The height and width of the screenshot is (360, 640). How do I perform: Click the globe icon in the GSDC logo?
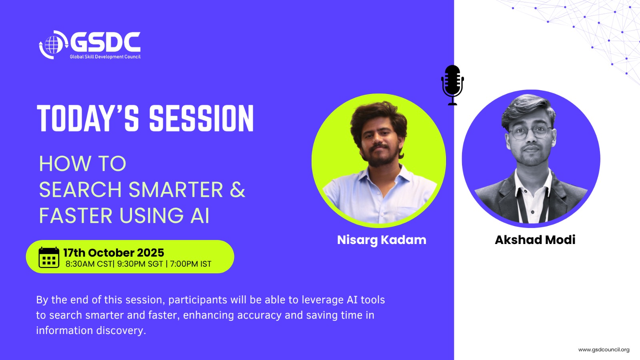point(53,45)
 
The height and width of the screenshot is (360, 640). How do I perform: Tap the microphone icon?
point(452,85)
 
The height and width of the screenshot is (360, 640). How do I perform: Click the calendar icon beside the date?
point(49,258)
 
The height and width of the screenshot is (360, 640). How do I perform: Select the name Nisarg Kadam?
point(382,240)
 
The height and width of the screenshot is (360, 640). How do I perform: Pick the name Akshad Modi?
point(535,240)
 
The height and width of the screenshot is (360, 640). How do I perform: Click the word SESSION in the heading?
point(202,118)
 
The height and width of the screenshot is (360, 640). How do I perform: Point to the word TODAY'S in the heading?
point(88,118)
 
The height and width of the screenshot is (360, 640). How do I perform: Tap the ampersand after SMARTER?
point(238,190)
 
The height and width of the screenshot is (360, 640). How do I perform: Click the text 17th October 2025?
point(114,252)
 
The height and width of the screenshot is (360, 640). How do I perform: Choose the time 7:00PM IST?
point(190,264)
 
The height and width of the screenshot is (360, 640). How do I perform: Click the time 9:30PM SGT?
point(140,264)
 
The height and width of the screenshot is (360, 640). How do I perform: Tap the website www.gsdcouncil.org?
point(604,350)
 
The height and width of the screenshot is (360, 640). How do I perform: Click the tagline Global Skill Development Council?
point(105,57)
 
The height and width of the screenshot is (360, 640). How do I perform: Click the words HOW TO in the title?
point(82,164)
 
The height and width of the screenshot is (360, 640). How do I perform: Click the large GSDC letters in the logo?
point(105,42)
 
